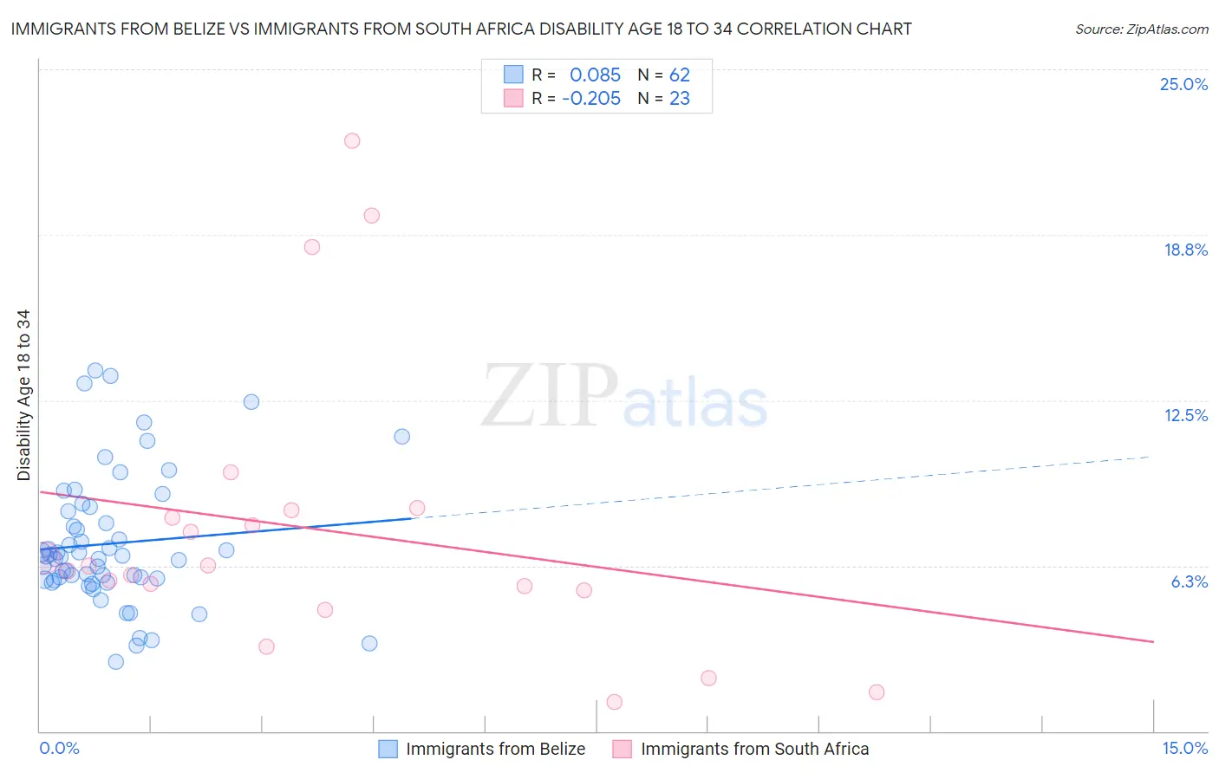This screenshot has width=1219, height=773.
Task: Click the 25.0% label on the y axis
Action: (x=1183, y=84)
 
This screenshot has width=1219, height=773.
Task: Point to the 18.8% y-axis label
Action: (x=1185, y=250)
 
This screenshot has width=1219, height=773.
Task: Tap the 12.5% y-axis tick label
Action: (x=1185, y=415)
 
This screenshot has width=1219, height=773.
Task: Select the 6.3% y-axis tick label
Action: (x=1189, y=581)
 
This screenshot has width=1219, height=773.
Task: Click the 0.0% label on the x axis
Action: (x=59, y=748)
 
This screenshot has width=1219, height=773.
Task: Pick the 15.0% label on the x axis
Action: (x=1184, y=748)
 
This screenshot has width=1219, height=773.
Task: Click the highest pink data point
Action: (x=352, y=140)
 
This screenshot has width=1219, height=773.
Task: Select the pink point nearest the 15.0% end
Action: (x=877, y=692)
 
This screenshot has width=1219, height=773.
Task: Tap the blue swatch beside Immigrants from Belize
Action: (x=388, y=749)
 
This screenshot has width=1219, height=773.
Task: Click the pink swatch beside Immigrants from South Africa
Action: (x=623, y=749)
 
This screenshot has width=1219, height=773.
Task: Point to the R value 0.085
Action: (x=595, y=75)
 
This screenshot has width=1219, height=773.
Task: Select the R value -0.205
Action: (x=591, y=99)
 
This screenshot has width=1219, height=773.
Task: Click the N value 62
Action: (x=680, y=75)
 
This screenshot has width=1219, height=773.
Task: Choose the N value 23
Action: (x=680, y=99)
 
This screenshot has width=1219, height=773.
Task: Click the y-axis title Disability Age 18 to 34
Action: (x=23, y=395)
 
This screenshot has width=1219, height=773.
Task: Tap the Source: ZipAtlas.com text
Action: (x=1141, y=29)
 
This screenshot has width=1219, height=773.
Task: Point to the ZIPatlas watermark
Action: (x=624, y=397)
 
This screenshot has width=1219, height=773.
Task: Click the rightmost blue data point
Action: (x=402, y=436)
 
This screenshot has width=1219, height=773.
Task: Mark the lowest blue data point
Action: (x=115, y=661)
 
